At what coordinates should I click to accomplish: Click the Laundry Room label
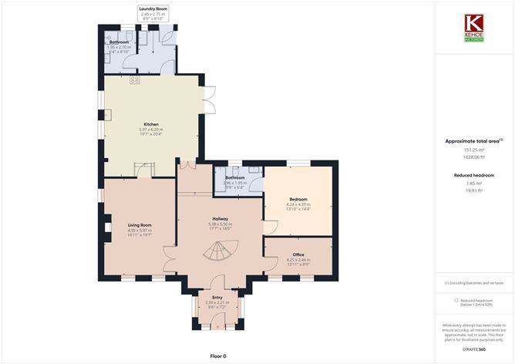point(153,8)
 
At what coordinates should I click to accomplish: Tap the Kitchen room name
point(151,123)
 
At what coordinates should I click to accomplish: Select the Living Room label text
point(140,224)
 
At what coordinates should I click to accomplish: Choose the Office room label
point(298,254)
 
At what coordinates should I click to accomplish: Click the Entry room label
point(217,296)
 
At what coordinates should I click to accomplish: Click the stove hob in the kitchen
point(134,79)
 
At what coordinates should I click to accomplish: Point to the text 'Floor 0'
point(220,356)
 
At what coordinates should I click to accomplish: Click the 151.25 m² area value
point(474,150)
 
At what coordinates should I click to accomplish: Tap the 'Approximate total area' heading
point(473,141)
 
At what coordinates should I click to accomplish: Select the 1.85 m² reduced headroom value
point(474,183)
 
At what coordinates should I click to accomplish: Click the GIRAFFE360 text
point(474,349)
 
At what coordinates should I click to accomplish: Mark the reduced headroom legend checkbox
point(456,300)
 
